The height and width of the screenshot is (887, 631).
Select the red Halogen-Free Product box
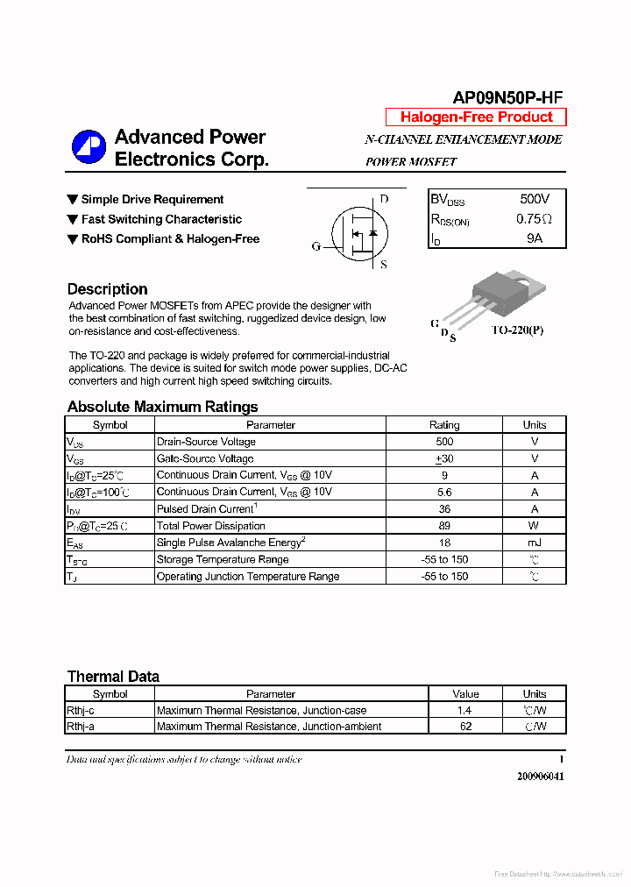(x=476, y=117)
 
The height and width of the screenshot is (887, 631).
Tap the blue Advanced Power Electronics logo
(x=88, y=146)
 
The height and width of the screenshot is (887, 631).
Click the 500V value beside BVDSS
(x=535, y=200)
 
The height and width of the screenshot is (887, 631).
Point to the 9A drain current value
(x=535, y=238)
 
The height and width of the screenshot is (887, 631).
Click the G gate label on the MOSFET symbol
(x=316, y=246)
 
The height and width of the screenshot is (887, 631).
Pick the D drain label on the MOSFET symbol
(x=384, y=199)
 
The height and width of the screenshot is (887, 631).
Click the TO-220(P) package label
(x=517, y=330)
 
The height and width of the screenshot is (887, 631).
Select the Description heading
(x=107, y=289)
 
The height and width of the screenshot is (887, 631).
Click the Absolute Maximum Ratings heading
(x=162, y=407)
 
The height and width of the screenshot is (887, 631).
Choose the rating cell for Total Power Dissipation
(x=444, y=526)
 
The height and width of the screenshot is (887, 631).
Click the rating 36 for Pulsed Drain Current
(x=444, y=509)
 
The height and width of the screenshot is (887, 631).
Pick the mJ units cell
(x=534, y=543)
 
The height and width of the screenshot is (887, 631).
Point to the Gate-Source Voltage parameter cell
(x=205, y=458)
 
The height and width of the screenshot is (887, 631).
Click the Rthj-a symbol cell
(x=81, y=727)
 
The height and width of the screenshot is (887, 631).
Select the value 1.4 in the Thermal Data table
(x=464, y=711)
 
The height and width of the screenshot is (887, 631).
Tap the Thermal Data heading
(x=113, y=677)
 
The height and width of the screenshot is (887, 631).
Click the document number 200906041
(x=540, y=777)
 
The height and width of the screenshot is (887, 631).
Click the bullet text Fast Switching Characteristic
(x=161, y=219)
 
